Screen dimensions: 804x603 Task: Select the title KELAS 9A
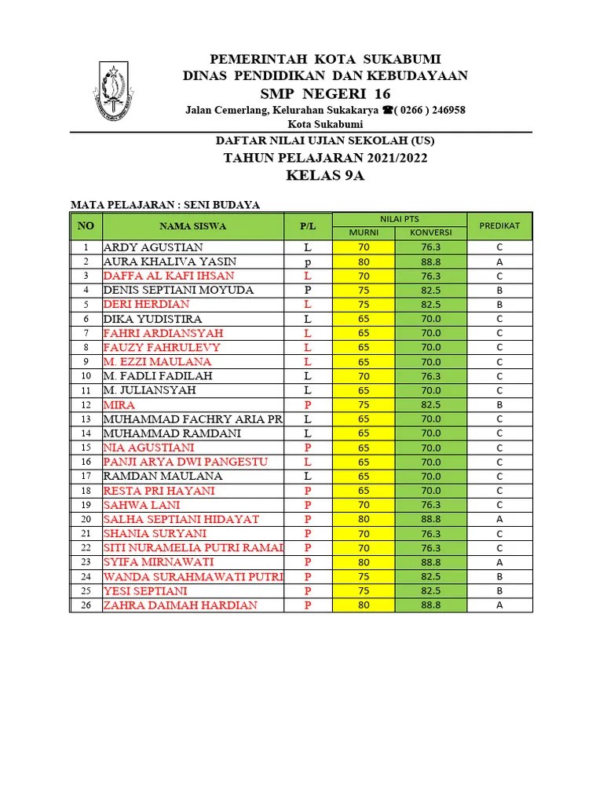tap(325, 175)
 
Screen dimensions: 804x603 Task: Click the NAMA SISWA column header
tap(192, 226)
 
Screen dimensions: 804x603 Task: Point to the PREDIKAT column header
tap(499, 226)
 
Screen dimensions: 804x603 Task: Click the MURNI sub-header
tap(364, 233)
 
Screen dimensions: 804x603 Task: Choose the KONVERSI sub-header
tap(430, 233)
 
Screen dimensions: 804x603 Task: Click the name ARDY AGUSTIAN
tap(153, 247)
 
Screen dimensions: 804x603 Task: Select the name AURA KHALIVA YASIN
tap(170, 261)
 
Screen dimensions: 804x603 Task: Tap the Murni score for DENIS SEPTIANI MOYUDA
tap(364, 290)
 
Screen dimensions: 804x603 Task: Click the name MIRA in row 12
tap(119, 404)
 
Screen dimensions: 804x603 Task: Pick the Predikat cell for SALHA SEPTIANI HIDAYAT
tap(499, 519)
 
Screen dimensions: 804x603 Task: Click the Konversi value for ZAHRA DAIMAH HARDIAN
tap(430, 605)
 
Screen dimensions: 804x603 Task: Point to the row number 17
tap(86, 476)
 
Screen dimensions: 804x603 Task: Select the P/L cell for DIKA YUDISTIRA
tap(308, 319)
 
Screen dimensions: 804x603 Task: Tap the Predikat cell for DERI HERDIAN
tap(499, 305)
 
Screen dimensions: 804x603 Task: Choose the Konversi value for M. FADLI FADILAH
tap(430, 376)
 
